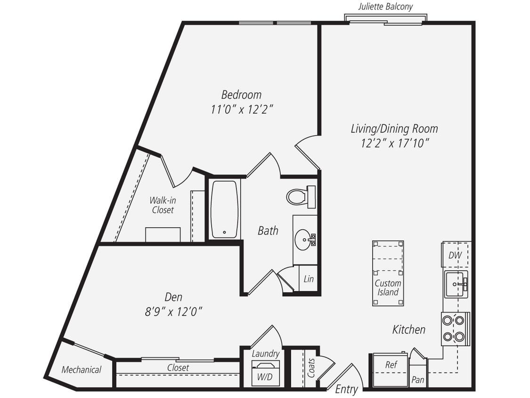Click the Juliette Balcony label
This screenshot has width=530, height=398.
tap(385, 7)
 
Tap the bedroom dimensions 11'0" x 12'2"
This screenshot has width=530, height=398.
tap(242, 109)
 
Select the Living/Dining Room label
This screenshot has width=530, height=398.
tap(394, 128)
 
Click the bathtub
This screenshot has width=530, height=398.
tap(224, 209)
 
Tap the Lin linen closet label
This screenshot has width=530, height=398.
tap(309, 279)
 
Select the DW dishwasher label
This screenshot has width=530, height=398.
tap(455, 255)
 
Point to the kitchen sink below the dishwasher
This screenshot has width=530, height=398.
tap(456, 284)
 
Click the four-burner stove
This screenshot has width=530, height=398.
tap(454, 329)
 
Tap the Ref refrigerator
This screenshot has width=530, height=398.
tap(391, 365)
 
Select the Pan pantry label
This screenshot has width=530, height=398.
tap(417, 379)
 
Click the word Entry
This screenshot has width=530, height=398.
tap(346, 390)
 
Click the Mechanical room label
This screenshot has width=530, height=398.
tap(82, 370)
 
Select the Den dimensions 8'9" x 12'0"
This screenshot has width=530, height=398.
tap(173, 312)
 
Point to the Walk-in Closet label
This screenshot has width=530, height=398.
tap(163, 205)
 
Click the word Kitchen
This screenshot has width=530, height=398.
tap(409, 330)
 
